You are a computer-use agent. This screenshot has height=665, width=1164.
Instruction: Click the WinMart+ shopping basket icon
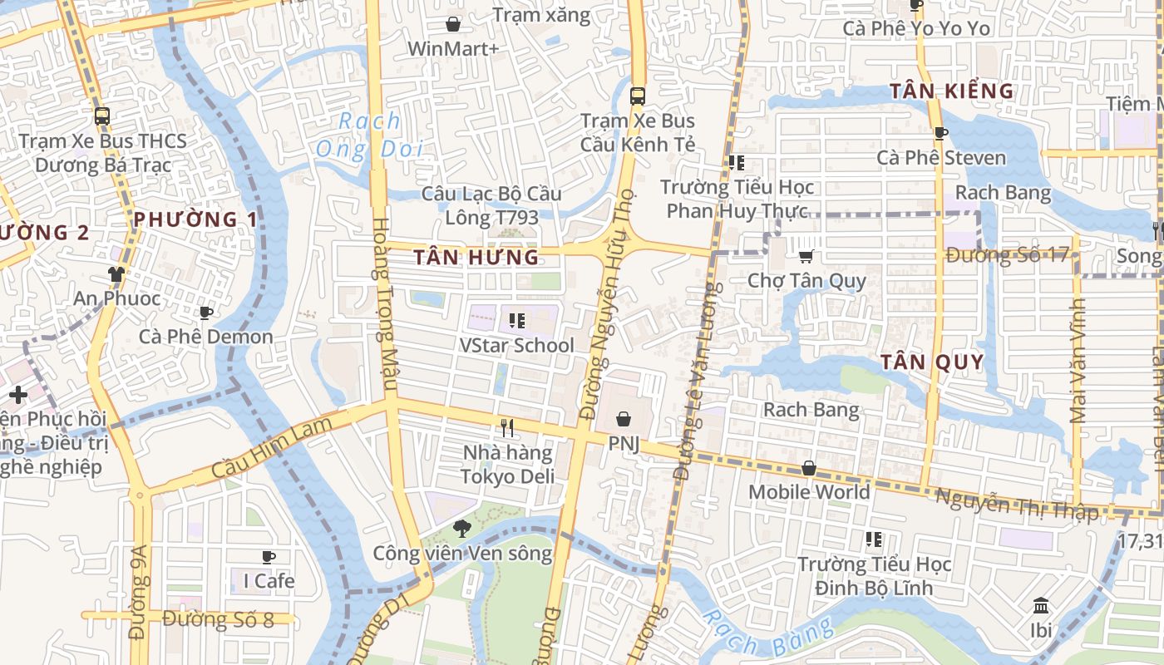[453, 24]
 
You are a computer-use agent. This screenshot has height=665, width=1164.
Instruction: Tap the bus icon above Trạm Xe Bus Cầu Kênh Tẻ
[638, 96]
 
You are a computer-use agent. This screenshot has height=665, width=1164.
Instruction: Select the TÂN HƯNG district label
[476, 257]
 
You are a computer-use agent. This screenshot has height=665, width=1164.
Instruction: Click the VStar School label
[516, 345]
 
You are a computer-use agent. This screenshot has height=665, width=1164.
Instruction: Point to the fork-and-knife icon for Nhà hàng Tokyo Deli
[507, 428]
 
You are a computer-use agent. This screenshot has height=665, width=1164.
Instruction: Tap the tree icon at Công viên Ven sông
[461, 528]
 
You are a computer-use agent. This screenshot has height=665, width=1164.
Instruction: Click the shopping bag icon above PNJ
[624, 419]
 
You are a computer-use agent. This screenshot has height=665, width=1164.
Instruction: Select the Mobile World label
[808, 492]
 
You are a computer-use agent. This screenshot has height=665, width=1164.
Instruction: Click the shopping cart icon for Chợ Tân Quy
[806, 257]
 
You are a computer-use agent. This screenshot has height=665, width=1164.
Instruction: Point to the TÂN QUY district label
[932, 362]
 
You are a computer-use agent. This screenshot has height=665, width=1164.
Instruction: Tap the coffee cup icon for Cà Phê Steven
[940, 133]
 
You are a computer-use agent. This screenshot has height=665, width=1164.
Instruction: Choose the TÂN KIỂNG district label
[952, 91]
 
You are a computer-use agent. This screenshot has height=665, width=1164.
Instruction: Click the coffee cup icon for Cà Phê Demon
[205, 313]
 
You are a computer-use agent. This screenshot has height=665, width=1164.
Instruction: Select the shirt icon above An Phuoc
[116, 273]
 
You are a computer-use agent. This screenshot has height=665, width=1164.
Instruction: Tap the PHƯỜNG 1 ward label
[195, 219]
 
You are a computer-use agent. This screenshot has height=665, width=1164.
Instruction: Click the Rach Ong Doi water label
[370, 135]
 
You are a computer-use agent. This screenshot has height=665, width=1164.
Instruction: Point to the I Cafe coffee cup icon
[268, 556]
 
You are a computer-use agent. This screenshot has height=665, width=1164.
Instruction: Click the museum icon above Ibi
[1041, 605]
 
